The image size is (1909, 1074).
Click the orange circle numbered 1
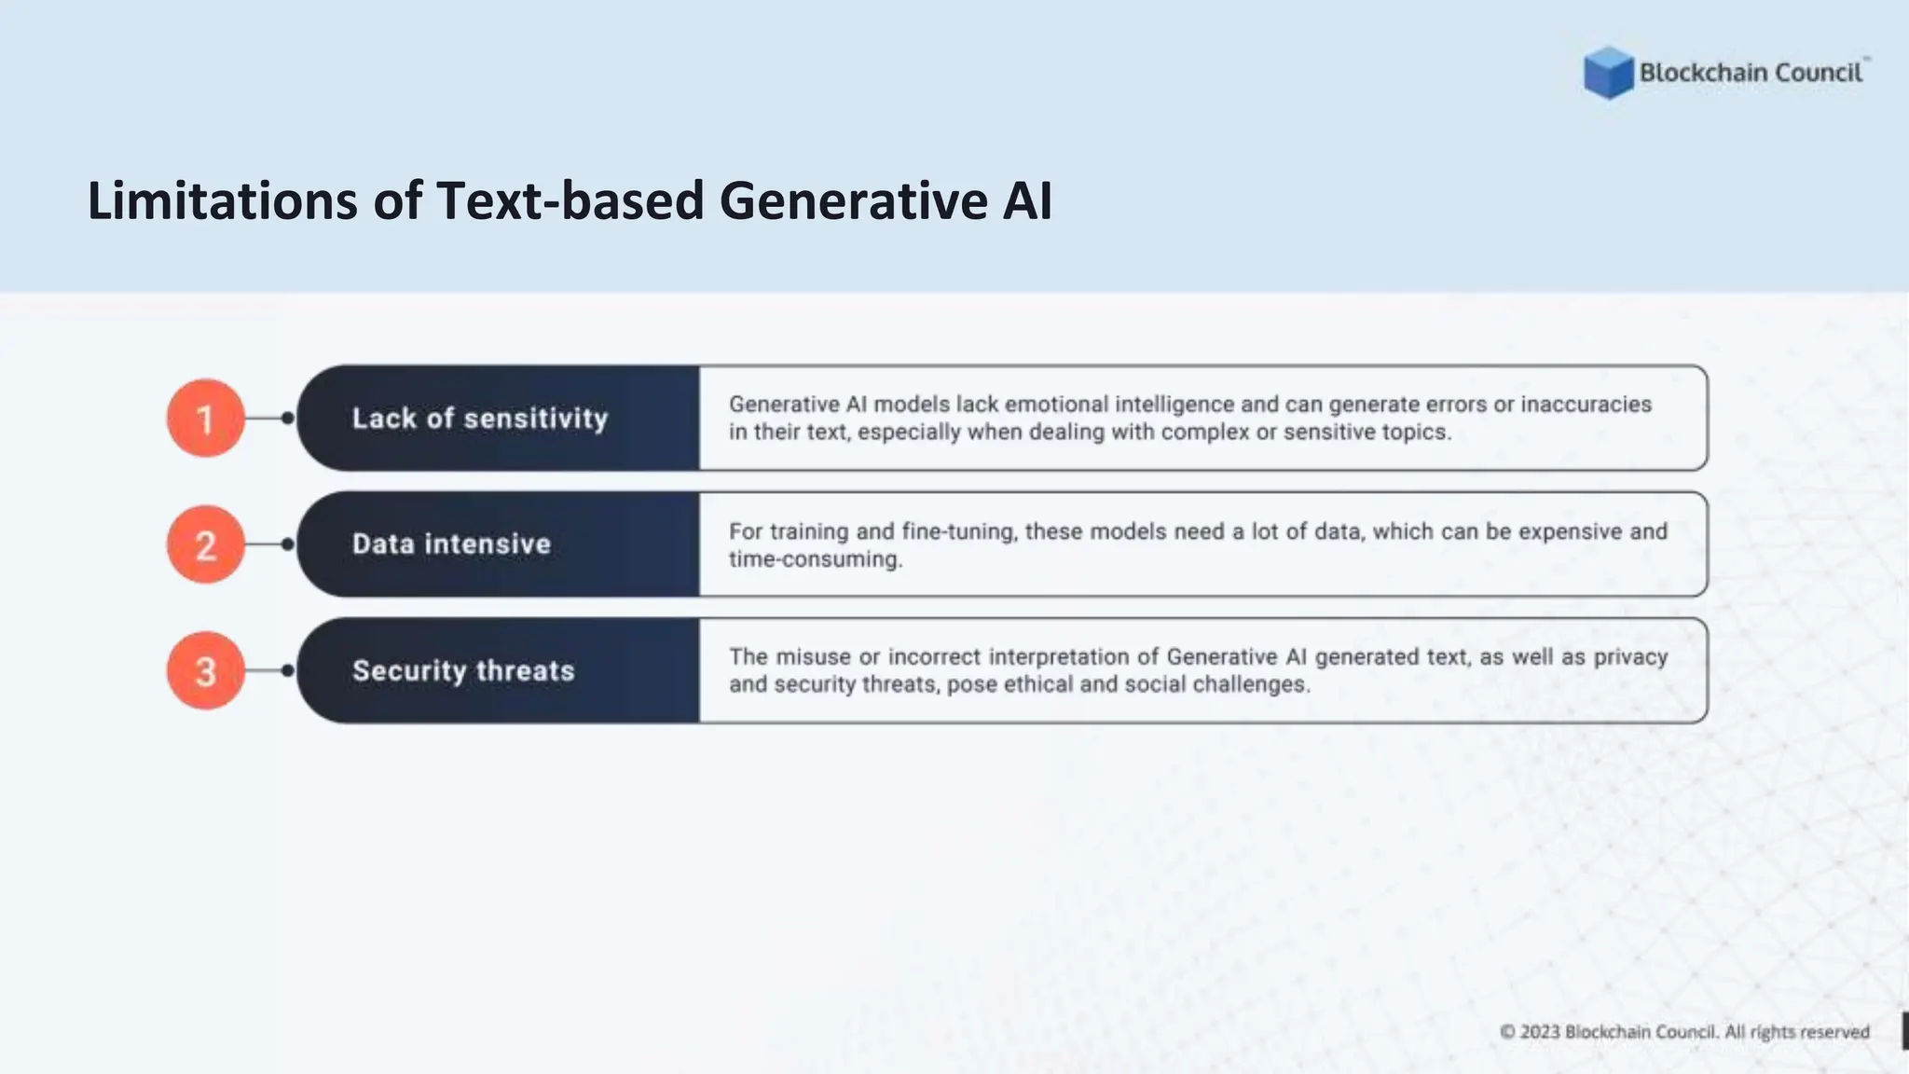coord(205,419)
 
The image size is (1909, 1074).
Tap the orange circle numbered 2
coord(205,544)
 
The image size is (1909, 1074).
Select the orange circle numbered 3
coord(205,671)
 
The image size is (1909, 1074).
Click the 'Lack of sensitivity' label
coord(479,419)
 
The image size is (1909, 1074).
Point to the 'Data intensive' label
coord(451,544)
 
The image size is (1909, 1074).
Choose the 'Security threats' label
coord(463,671)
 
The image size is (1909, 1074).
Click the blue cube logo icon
coord(1608,73)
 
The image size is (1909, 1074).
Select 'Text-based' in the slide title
coord(570,201)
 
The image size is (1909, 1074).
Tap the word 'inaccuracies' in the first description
coord(1586,405)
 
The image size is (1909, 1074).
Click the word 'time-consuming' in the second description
coord(815,559)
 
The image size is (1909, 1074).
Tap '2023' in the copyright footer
coord(1540,1032)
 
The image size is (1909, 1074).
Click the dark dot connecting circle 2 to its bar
coord(287,544)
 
